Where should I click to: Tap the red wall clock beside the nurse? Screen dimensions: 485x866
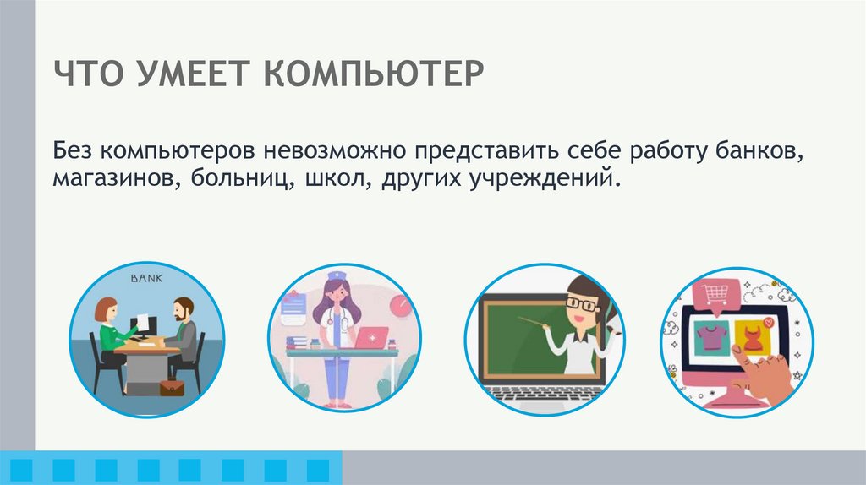click(398, 302)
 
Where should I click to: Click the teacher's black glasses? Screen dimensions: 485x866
click(580, 301)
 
